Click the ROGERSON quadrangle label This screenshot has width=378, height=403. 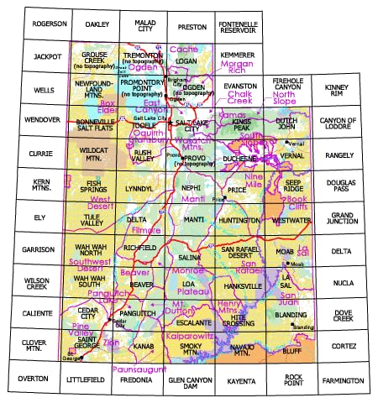click(x=50, y=24)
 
